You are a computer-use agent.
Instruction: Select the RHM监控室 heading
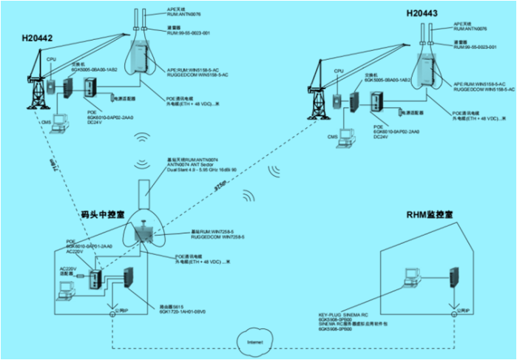[430, 214]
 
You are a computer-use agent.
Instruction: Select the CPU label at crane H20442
[51, 58]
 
